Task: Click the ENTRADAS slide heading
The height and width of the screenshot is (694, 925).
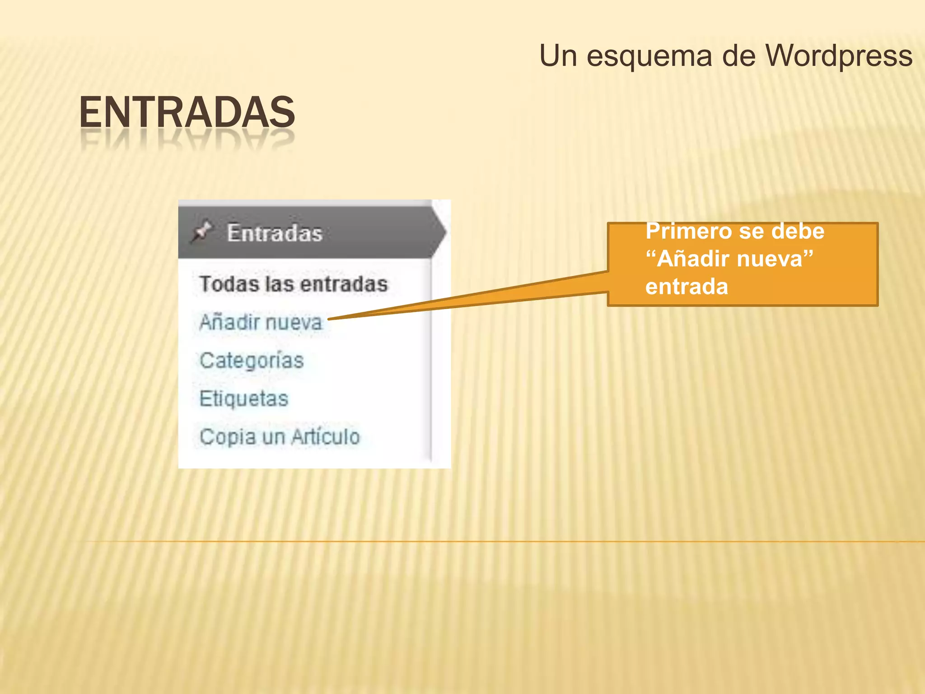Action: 187,113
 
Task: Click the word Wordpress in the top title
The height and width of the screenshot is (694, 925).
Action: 839,56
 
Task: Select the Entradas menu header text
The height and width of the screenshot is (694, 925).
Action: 275,233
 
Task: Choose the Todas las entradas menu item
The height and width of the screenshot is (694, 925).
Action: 294,284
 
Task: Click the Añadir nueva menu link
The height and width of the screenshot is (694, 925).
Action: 261,322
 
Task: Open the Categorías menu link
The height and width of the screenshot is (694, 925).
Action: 252,361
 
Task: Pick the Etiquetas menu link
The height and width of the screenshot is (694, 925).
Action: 244,399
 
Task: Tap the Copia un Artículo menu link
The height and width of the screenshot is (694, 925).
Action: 280,437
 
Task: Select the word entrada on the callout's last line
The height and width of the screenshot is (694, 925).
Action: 687,287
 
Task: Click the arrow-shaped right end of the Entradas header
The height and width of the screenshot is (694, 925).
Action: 439,232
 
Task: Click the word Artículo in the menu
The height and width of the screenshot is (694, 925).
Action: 325,437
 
